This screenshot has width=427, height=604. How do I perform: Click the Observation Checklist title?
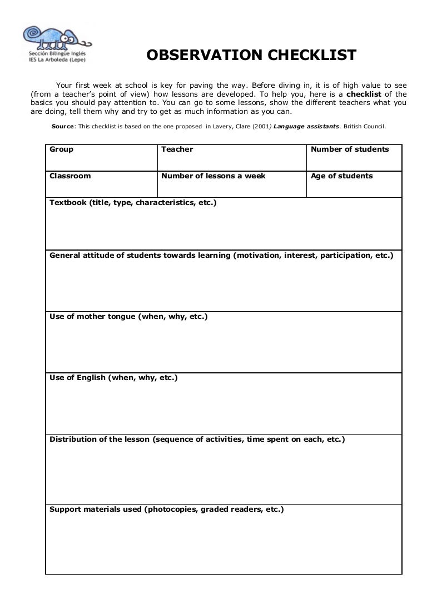[251, 56]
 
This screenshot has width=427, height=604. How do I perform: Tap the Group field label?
[61, 149]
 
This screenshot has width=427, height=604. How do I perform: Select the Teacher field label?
[177, 149]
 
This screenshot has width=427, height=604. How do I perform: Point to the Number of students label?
[350, 149]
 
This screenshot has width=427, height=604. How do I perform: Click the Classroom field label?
[70, 176]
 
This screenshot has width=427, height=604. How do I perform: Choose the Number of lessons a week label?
[213, 176]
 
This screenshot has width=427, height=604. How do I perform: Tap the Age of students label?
[341, 176]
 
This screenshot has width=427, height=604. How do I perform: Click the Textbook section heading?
[133, 203]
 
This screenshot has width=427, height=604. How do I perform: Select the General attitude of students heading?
[221, 256]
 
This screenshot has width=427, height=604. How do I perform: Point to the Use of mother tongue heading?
[128, 317]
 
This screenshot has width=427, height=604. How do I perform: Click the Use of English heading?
[113, 378]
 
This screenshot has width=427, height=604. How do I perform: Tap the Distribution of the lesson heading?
[197, 440]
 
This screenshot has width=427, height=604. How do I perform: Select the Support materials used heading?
[166, 509]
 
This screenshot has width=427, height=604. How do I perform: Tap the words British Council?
[364, 127]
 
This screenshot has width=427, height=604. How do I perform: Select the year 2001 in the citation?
[261, 127]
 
